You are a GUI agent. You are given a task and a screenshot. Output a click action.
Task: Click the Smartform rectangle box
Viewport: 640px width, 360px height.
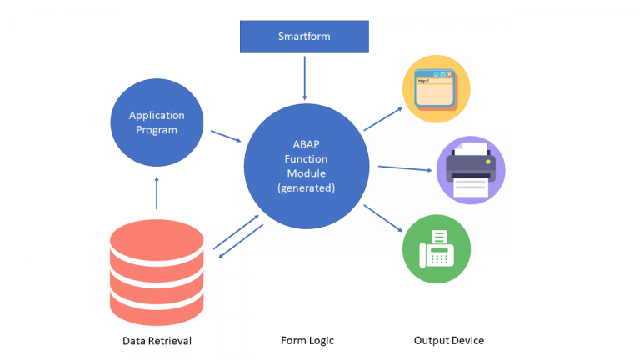point(303,37)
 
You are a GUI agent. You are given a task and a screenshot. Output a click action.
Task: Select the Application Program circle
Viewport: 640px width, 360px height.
point(156,122)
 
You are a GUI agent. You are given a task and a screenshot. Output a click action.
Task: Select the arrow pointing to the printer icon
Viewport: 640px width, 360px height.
point(405,169)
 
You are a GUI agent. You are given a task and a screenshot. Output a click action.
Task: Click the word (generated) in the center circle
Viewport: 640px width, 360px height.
point(306,188)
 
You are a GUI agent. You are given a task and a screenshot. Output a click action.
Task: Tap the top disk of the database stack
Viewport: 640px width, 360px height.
point(156,234)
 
